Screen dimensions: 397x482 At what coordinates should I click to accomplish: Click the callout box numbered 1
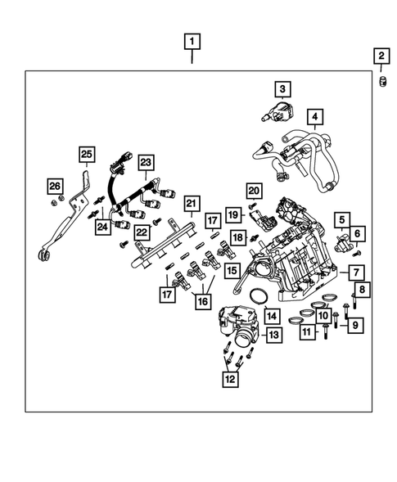pos(192,42)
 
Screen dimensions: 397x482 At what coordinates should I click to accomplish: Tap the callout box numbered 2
pos(381,56)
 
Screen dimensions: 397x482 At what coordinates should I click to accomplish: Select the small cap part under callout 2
pos(382,82)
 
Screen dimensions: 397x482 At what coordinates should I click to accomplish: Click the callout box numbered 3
pos(282,89)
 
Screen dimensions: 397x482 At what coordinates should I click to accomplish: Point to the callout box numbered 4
pos(315,116)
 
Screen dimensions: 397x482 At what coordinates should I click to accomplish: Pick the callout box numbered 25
pos(87,154)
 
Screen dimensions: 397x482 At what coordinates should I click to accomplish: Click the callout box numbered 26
pos(55,186)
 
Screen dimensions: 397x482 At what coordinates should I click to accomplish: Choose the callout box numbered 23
pos(146,162)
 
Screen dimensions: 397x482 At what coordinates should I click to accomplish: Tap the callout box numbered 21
pos(192,203)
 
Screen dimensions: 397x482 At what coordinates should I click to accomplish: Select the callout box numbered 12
pos(230,379)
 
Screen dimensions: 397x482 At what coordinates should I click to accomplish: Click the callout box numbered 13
pos(273,335)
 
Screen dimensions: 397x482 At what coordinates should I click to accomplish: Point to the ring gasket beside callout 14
pos(258,296)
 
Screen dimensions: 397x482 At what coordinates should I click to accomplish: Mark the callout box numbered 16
pos(203,301)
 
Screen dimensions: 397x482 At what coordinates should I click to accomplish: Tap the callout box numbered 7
pos(356,273)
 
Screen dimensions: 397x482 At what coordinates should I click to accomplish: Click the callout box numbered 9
pos(355,325)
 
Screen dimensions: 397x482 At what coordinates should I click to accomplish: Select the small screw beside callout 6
pos(357,254)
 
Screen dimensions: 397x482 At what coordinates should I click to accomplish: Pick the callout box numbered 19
pos(233,214)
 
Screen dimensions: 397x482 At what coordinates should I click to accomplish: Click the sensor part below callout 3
pos(277,111)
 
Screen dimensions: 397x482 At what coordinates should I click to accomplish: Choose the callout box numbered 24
pos(102,227)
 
